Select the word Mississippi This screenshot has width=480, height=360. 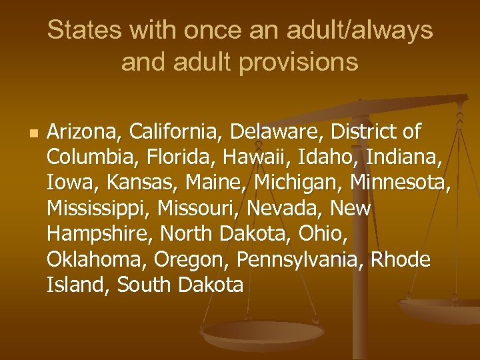point(99,208)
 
